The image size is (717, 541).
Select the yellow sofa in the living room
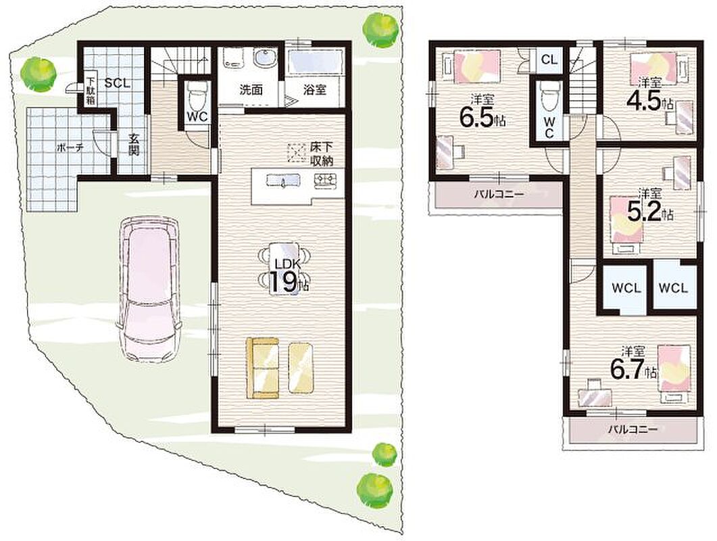(x=262, y=368)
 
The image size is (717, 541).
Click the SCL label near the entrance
(x=118, y=84)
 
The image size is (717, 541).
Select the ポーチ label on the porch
(x=70, y=148)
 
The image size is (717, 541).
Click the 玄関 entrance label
(x=133, y=145)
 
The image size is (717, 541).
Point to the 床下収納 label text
(x=322, y=154)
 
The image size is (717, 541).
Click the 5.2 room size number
(x=645, y=212)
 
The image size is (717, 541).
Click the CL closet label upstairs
(x=549, y=60)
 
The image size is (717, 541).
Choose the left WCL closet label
(x=626, y=288)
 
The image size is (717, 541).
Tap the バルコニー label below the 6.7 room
(x=633, y=430)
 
